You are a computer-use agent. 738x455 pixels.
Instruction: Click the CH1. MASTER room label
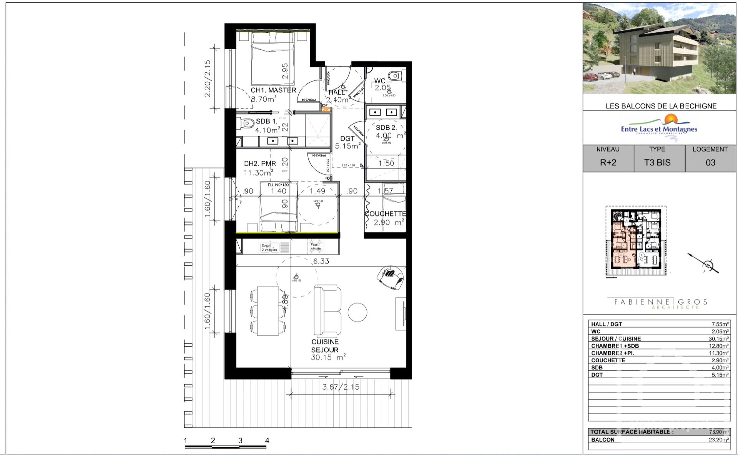pyautogui.click(x=273, y=90)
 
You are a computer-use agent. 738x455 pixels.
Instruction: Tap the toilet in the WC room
pyautogui.click(x=395, y=75)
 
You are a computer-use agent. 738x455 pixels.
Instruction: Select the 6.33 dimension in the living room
pyautogui.click(x=321, y=261)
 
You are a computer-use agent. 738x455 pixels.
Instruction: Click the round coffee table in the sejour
pyautogui.click(x=357, y=312)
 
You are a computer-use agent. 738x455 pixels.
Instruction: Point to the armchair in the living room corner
pyautogui.click(x=391, y=277)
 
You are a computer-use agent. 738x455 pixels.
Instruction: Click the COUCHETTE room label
pyautogui.click(x=385, y=214)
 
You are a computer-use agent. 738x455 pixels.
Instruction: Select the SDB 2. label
pyautogui.click(x=386, y=128)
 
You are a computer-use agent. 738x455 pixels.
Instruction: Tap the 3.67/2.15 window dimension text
pyautogui.click(x=341, y=387)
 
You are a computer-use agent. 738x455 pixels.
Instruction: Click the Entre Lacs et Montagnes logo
pyautogui.click(x=659, y=128)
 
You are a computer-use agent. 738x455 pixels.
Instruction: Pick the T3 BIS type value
pyautogui.click(x=657, y=163)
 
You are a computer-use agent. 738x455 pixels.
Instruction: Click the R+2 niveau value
pyautogui.click(x=608, y=163)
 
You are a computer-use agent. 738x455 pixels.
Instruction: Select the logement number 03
pyautogui.click(x=710, y=163)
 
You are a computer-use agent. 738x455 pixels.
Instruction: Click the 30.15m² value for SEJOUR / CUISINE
pyautogui.click(x=718, y=339)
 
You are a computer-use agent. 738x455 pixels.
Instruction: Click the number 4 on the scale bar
pyautogui.click(x=267, y=441)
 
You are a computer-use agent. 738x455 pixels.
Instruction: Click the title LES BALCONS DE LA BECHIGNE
pyautogui.click(x=661, y=106)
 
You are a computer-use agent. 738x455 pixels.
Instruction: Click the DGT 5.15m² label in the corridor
pyautogui.click(x=347, y=142)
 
